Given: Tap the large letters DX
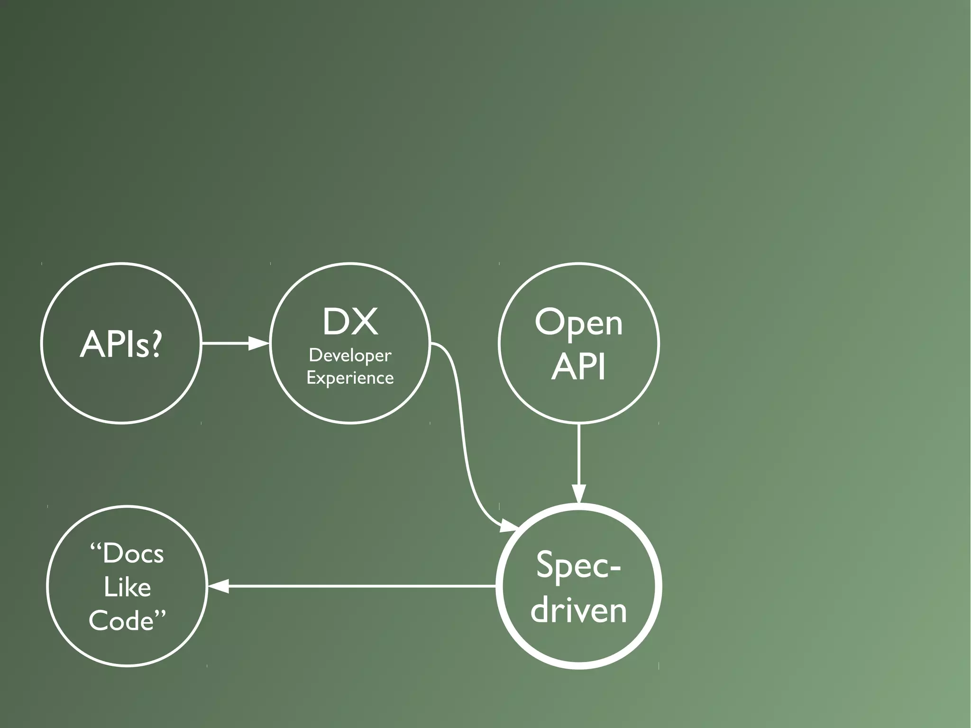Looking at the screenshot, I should pos(350,322).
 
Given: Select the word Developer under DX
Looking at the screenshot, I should pos(350,355).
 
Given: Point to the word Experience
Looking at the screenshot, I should pos(350,378).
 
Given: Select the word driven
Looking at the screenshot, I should pos(578,609).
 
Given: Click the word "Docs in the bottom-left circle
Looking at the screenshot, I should pos(127,553).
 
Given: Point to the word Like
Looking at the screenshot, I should pos(127,587).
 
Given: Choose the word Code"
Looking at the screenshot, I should pos(127,620).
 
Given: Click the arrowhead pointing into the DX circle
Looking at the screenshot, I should pos(259,343).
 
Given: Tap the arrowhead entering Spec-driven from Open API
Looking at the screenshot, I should pos(579,493).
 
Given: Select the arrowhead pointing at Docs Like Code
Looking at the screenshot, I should pos(218,586).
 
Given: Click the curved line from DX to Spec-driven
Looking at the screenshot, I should pos(462,427).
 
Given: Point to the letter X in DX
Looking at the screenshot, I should pos(366,322).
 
